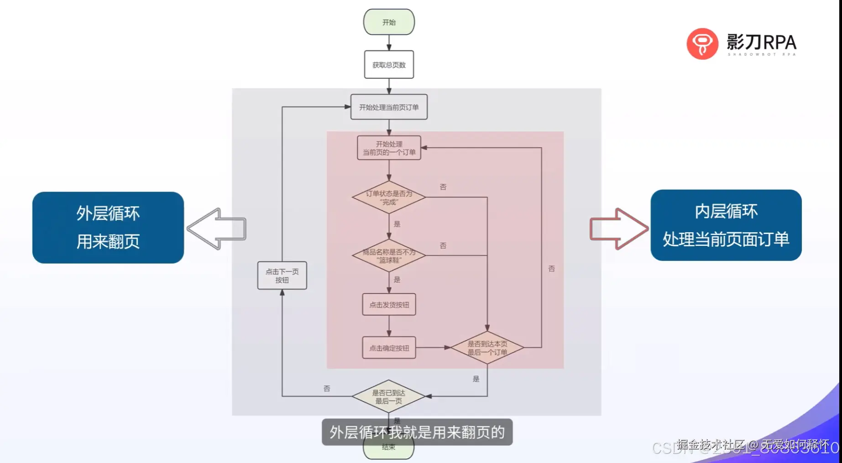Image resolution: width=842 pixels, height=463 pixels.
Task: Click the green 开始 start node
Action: point(389,22)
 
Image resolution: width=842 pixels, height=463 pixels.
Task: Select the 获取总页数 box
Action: point(389,65)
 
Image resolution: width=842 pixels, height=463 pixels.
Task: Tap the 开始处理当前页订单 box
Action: point(389,107)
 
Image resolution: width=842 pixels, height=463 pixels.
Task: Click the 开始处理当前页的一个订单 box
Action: point(389,148)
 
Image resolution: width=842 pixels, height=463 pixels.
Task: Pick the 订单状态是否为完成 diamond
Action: point(389,197)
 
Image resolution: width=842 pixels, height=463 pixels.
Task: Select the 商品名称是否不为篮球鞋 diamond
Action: point(389,255)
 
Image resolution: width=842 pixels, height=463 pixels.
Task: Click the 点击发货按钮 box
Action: point(389,304)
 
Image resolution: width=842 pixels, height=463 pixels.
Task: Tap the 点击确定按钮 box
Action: point(389,348)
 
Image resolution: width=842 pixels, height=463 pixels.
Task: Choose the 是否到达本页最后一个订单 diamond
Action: point(487,348)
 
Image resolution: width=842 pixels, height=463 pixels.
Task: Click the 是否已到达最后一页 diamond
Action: point(388,396)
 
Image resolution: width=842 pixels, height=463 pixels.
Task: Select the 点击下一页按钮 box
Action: point(282,276)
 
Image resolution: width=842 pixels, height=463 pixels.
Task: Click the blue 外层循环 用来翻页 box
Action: point(108,227)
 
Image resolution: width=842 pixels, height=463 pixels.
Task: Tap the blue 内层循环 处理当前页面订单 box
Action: point(726,225)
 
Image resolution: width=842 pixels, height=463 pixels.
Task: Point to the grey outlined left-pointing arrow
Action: point(216,229)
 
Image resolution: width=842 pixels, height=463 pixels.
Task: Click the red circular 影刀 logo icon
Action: point(702,44)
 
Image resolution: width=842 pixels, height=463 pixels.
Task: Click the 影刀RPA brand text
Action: point(761,43)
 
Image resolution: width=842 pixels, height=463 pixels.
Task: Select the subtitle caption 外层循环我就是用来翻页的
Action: point(417,432)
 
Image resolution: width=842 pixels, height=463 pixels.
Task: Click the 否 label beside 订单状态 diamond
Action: point(443,187)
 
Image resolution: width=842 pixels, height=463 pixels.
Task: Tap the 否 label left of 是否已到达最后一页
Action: point(327,388)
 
